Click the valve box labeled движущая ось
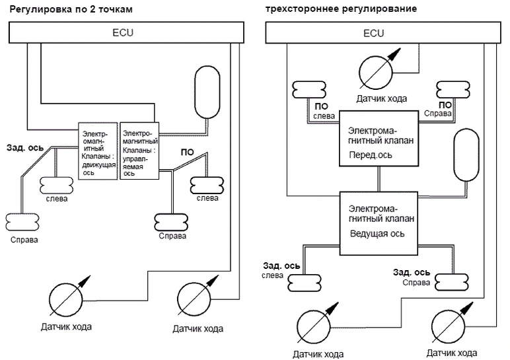click(x=97, y=151)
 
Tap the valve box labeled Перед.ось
click(x=378, y=138)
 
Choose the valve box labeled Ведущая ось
click(x=378, y=222)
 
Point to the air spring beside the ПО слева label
click(x=308, y=89)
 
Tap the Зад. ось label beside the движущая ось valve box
click(x=26, y=147)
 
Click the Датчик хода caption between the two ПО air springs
click(x=381, y=99)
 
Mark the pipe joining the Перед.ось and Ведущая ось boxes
click(x=378, y=179)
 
